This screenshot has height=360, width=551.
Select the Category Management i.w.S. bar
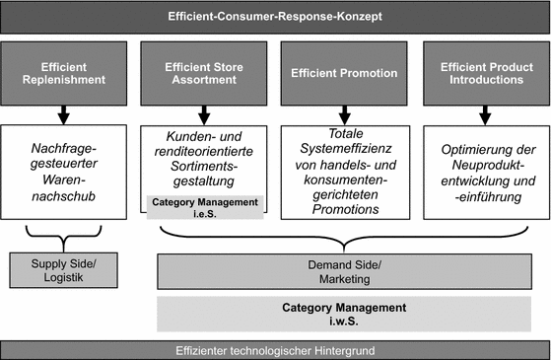tap(345, 314)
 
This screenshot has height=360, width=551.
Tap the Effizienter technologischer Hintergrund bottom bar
tap(275, 349)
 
